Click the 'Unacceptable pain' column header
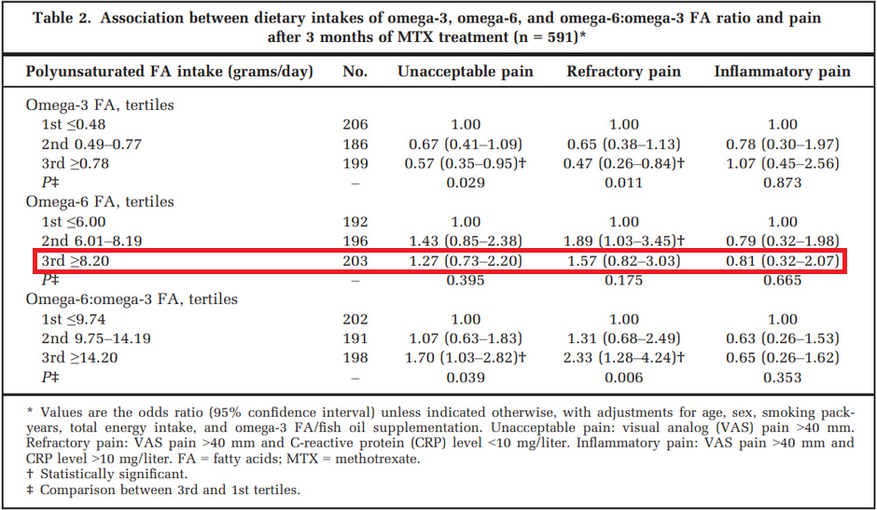(x=466, y=71)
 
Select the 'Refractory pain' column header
(x=623, y=71)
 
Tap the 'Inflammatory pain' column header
(x=782, y=71)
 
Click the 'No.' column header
(x=355, y=71)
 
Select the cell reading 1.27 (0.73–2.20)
(x=466, y=261)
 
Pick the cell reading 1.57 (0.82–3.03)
(x=623, y=261)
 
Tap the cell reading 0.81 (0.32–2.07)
(x=782, y=261)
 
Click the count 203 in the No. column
(x=355, y=261)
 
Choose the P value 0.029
(x=466, y=183)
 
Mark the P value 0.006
(x=623, y=377)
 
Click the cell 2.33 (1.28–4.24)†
(x=623, y=357)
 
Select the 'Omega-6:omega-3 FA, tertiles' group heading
(x=132, y=299)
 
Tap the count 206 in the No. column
(x=355, y=124)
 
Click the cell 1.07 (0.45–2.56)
(x=782, y=163)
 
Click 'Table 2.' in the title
(x=63, y=18)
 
